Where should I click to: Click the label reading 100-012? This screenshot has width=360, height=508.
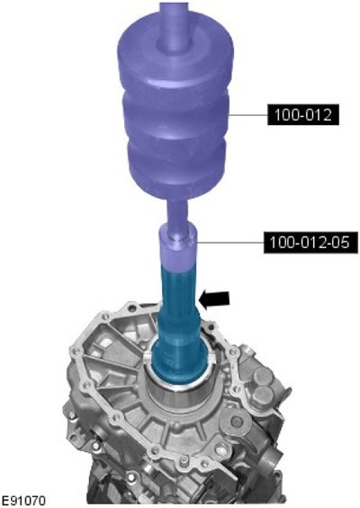(303, 115)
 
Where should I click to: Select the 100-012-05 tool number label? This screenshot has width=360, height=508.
(310, 243)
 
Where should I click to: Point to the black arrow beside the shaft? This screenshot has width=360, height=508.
(214, 299)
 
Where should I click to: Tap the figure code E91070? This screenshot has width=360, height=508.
(23, 501)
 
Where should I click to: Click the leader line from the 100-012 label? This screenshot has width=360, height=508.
(248, 115)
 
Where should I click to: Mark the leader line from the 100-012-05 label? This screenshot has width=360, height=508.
(230, 243)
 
